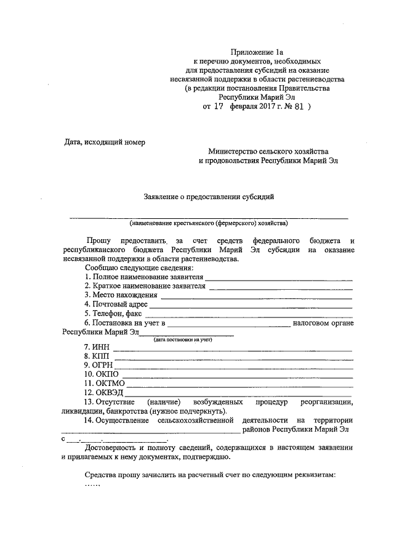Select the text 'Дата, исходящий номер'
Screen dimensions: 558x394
(105, 142)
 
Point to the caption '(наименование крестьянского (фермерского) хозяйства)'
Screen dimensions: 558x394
(208, 223)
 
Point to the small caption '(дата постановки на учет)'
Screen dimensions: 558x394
(183, 340)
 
